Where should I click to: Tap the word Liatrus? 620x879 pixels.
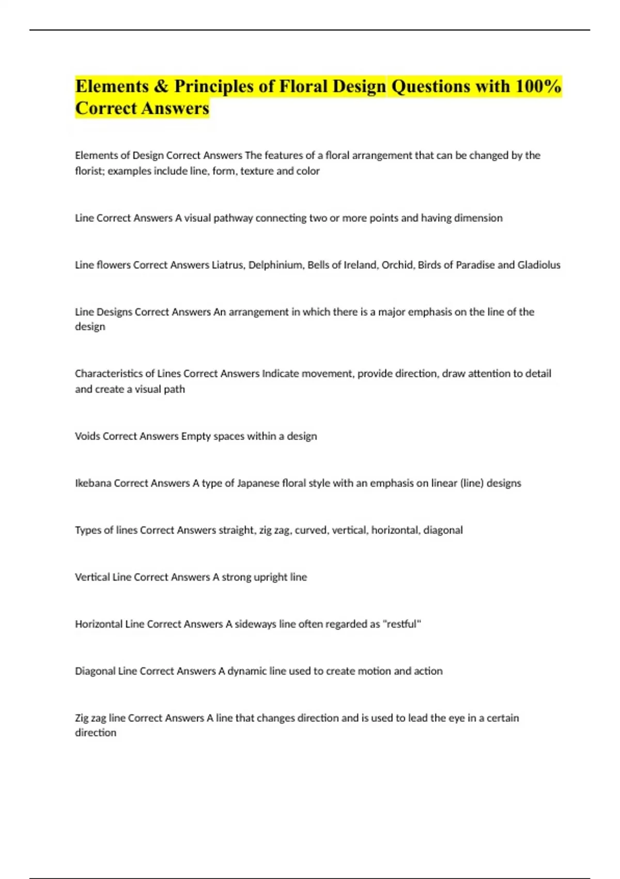click(228, 265)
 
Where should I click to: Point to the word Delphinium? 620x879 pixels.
click(275, 265)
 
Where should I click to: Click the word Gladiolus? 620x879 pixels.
click(539, 265)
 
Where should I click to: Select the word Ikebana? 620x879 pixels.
click(93, 483)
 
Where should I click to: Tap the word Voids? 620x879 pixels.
click(87, 436)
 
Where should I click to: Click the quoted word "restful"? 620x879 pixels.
click(402, 624)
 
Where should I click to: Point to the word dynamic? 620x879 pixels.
click(247, 671)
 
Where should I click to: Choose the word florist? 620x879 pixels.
click(90, 171)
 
